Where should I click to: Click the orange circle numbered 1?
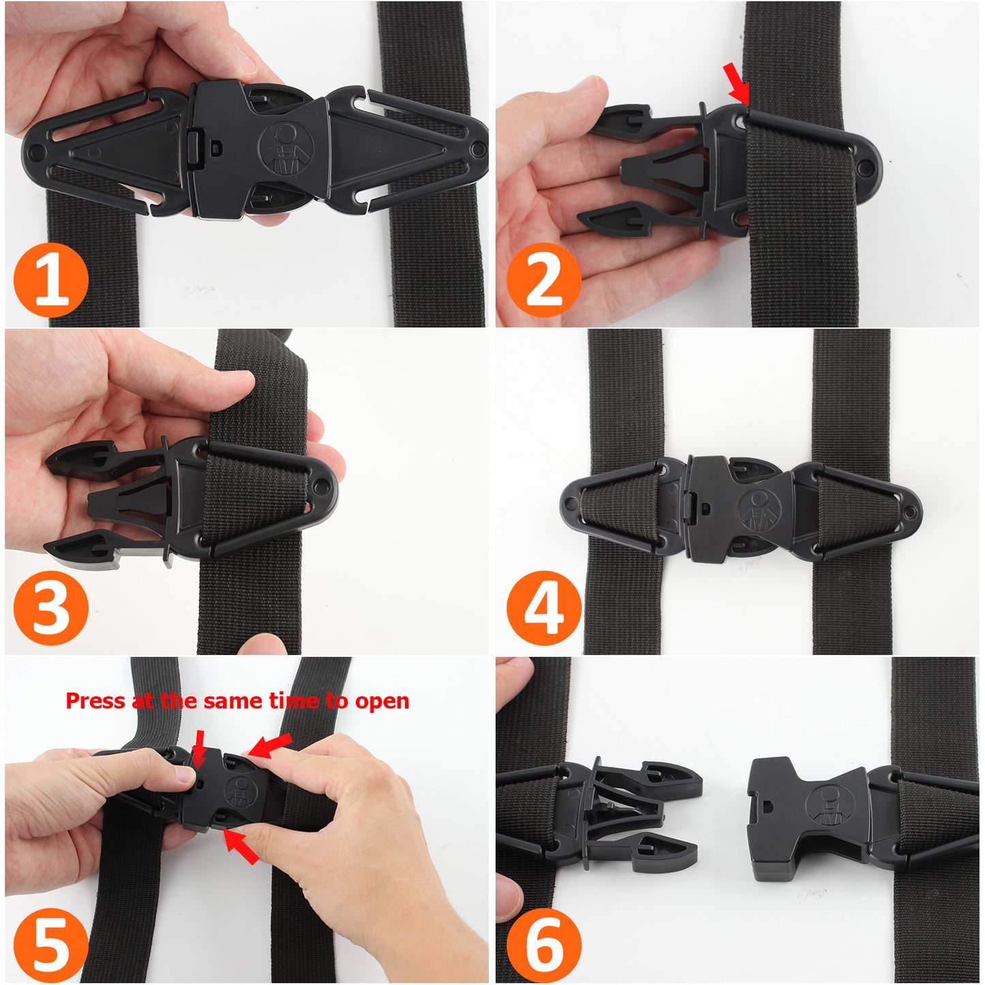click(x=51, y=280)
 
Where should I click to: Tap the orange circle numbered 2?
click(x=543, y=280)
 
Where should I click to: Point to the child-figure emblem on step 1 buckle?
click(x=285, y=147)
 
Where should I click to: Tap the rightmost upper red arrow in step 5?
click(x=271, y=744)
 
